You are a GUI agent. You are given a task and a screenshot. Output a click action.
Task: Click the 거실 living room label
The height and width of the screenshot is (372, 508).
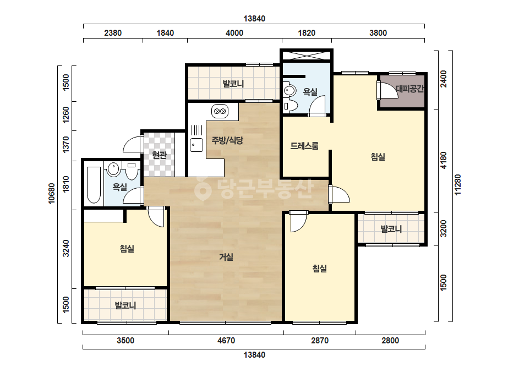pos(226,257)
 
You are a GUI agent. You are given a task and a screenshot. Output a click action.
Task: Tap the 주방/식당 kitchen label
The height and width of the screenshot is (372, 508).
pos(227,140)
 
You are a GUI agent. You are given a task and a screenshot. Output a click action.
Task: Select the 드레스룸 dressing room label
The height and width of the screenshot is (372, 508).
pos(304,146)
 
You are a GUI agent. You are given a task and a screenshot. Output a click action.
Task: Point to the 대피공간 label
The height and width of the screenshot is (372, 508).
pos(410,89)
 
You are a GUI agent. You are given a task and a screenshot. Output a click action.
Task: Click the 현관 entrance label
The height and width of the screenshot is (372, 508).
pos(159,155)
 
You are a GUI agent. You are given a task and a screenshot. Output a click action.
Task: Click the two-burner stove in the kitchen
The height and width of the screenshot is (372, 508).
pos(220,111)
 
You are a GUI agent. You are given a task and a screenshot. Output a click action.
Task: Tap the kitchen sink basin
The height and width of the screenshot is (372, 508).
pos(196,145)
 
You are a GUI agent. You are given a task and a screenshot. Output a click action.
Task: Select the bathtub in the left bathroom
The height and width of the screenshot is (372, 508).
pos(94,185)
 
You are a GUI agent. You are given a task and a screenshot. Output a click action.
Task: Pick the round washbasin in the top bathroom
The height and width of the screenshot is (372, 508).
pos(289,90)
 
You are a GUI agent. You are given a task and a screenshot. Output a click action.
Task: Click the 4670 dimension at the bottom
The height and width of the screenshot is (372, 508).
pos(226,341)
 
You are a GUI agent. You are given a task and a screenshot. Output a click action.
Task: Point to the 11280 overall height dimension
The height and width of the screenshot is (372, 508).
pos(457,185)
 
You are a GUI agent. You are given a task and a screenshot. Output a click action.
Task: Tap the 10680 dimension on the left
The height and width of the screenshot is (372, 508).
pos(52,194)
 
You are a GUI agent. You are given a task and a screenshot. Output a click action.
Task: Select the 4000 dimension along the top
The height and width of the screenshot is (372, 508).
pos(234,32)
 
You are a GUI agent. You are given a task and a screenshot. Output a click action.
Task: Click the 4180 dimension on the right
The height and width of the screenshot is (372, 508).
pos(443,160)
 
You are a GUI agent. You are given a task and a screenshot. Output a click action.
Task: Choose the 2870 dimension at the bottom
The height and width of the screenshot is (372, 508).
pos(320,341)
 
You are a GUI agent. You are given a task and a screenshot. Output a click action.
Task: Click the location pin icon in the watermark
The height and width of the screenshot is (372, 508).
pos(203,188)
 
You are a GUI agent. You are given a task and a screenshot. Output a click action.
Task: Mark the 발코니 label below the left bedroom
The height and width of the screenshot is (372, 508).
pos(125,305)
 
